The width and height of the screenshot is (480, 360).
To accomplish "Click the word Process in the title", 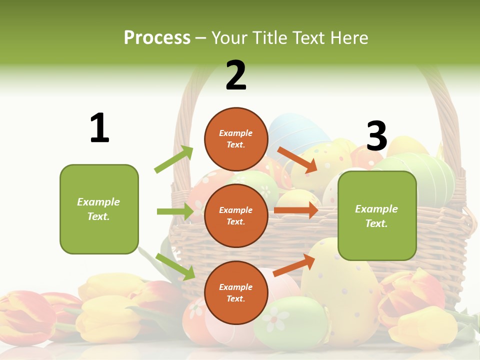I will point(157,38).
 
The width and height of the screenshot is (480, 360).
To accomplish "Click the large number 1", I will point(99,128).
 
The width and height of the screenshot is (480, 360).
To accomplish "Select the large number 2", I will point(236,75).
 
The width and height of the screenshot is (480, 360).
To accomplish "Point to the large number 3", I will point(376,136).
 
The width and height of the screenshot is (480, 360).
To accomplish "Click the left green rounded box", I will point(99,209).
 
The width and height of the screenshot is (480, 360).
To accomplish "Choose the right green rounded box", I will point(377,215).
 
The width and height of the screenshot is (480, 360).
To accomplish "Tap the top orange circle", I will point(236,139).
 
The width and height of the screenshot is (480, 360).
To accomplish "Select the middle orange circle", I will point(236,215).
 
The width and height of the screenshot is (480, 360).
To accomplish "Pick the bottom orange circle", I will point(236,292).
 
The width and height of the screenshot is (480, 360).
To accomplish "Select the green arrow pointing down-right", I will point(175,266).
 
